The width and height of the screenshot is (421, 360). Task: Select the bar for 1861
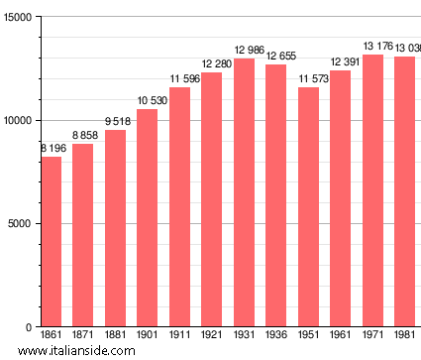[x=51, y=242]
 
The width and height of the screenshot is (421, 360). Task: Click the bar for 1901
[x=147, y=218]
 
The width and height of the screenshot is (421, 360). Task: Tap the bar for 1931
[x=244, y=192]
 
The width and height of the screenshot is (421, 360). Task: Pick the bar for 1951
[x=308, y=207]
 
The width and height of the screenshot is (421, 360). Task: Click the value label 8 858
[x=82, y=135]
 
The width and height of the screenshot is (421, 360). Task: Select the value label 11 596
[x=179, y=78]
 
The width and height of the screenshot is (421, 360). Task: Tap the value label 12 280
[x=211, y=64]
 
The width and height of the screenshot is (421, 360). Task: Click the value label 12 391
[x=340, y=62]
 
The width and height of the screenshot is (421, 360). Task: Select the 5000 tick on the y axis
[x=21, y=224]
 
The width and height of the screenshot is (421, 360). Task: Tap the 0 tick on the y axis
[x=30, y=327]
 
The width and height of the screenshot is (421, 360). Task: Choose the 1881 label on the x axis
[x=115, y=336]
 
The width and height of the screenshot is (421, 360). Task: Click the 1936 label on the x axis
[x=275, y=336]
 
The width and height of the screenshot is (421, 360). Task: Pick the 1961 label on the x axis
[x=340, y=336]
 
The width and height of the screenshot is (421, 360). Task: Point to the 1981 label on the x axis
[x=404, y=336]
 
